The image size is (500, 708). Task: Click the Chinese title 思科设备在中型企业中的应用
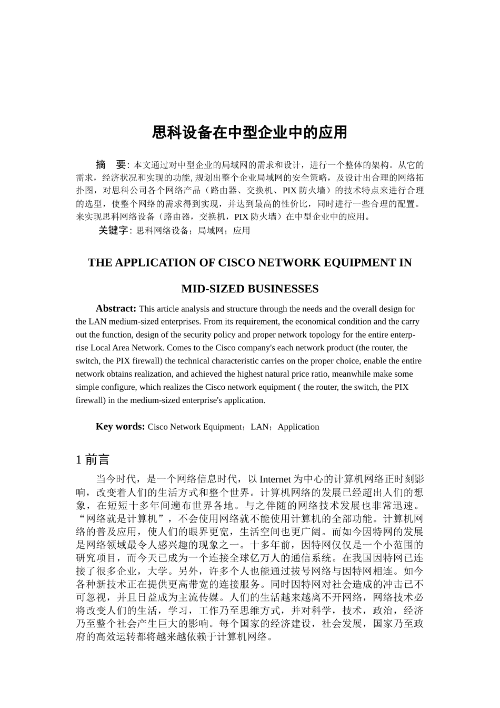click(249, 132)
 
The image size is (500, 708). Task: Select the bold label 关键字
click(113, 230)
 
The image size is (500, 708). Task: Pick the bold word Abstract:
click(116, 309)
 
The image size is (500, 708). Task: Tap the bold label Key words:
click(120, 427)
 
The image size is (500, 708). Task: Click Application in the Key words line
click(298, 427)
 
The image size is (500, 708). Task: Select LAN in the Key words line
click(260, 427)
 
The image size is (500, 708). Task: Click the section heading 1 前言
click(93, 460)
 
